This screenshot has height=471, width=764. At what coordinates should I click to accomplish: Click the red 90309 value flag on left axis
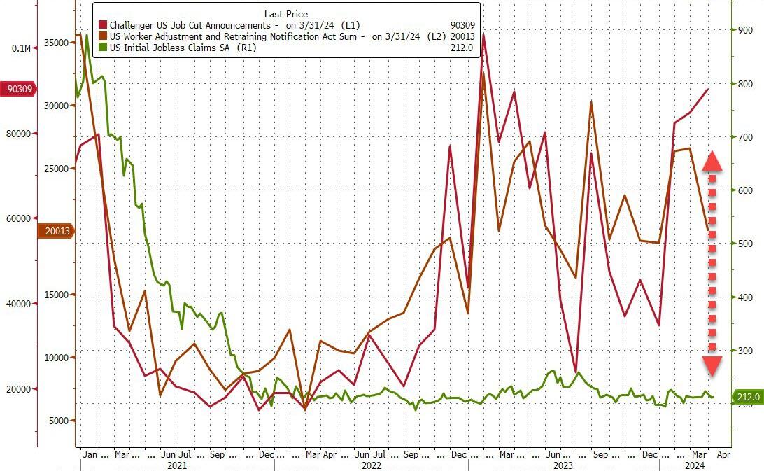click(x=19, y=90)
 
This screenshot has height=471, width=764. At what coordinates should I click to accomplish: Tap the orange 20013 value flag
click(x=55, y=231)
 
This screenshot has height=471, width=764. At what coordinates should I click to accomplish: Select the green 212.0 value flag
click(x=747, y=397)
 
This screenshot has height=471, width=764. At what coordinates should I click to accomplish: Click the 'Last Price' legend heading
click(x=285, y=14)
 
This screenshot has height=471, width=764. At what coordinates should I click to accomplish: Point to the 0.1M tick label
click(x=21, y=48)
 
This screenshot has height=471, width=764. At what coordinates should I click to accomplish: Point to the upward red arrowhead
click(x=712, y=161)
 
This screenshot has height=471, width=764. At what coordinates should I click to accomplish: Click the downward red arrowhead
click(x=712, y=365)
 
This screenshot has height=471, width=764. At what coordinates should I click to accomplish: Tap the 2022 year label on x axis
click(x=371, y=465)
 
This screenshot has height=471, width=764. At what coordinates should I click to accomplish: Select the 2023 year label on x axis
click(x=563, y=465)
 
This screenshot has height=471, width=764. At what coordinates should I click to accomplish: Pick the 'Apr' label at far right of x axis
click(x=723, y=454)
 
